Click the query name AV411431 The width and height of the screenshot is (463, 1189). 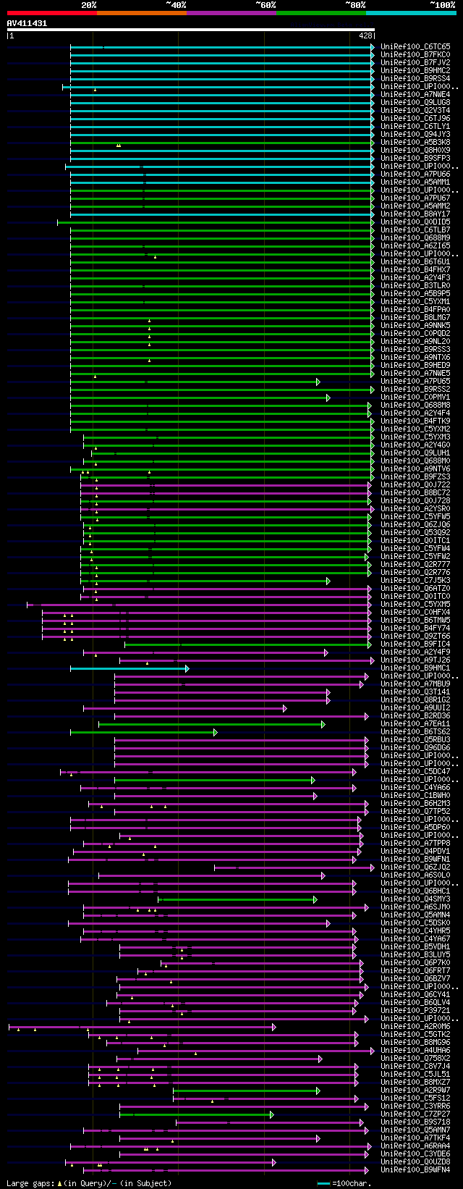click(x=27, y=23)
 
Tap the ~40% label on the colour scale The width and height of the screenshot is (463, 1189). click(x=176, y=4)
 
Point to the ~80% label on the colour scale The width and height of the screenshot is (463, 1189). click(x=354, y=4)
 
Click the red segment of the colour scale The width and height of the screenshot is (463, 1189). click(x=51, y=13)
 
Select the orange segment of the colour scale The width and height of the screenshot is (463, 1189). click(x=141, y=13)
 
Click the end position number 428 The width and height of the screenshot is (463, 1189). click(x=365, y=35)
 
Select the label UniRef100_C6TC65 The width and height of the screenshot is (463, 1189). click(x=415, y=46)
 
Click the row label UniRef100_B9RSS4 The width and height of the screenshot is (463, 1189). click(x=415, y=78)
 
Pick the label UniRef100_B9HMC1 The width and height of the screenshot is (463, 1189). click(x=415, y=668)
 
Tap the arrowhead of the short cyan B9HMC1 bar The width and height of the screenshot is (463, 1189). click(x=187, y=668)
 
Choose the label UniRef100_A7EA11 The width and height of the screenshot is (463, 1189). click(x=415, y=723)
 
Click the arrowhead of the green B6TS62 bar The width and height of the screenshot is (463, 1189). click(x=215, y=732)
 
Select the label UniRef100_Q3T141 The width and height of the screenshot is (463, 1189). click(x=415, y=692)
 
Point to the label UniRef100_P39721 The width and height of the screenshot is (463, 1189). click(x=415, y=1010)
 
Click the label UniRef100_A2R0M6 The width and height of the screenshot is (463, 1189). click(x=415, y=1026)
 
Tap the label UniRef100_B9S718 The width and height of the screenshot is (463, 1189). click(x=415, y=1122)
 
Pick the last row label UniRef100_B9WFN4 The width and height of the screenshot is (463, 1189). click(x=415, y=1169)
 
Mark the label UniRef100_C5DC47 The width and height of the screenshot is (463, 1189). click(x=415, y=771)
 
